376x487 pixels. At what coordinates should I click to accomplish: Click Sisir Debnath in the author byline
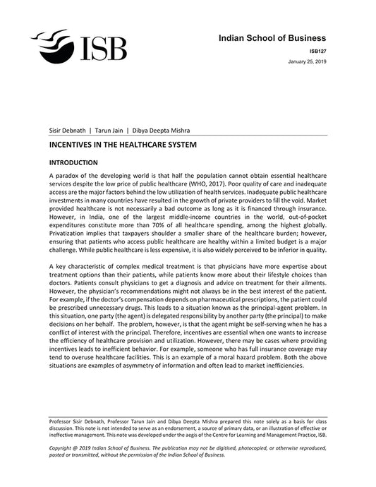point(66,130)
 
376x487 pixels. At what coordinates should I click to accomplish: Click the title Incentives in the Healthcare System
point(122,144)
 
